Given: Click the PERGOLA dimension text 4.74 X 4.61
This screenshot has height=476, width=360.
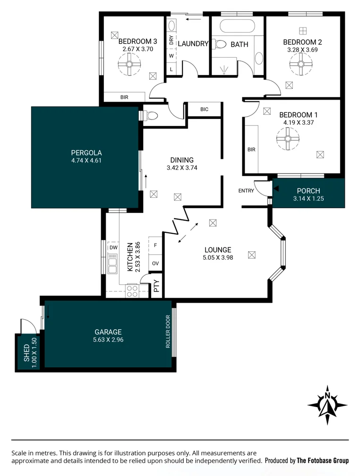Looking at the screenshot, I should [x=86, y=160].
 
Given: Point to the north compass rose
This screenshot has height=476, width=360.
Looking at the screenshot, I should [x=327, y=405].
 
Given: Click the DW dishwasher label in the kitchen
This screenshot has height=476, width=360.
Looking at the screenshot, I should [x=113, y=247].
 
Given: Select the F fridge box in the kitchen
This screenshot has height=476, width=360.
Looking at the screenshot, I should [x=155, y=246].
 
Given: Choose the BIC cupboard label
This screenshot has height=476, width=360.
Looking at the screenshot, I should [x=204, y=110].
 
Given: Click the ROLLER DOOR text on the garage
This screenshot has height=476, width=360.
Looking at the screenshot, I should [x=168, y=332].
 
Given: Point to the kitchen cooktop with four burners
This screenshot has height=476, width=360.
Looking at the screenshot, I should [x=132, y=290].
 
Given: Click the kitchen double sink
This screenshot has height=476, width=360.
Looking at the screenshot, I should [x=112, y=264].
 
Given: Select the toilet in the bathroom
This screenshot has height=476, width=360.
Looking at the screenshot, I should [x=219, y=44].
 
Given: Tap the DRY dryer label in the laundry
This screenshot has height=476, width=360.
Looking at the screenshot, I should [x=171, y=40].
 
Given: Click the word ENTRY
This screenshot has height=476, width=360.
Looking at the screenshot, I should [x=246, y=191].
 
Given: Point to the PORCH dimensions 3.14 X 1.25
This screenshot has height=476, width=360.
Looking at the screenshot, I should [x=309, y=199].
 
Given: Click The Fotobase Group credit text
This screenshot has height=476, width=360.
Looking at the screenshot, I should [x=322, y=460].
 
